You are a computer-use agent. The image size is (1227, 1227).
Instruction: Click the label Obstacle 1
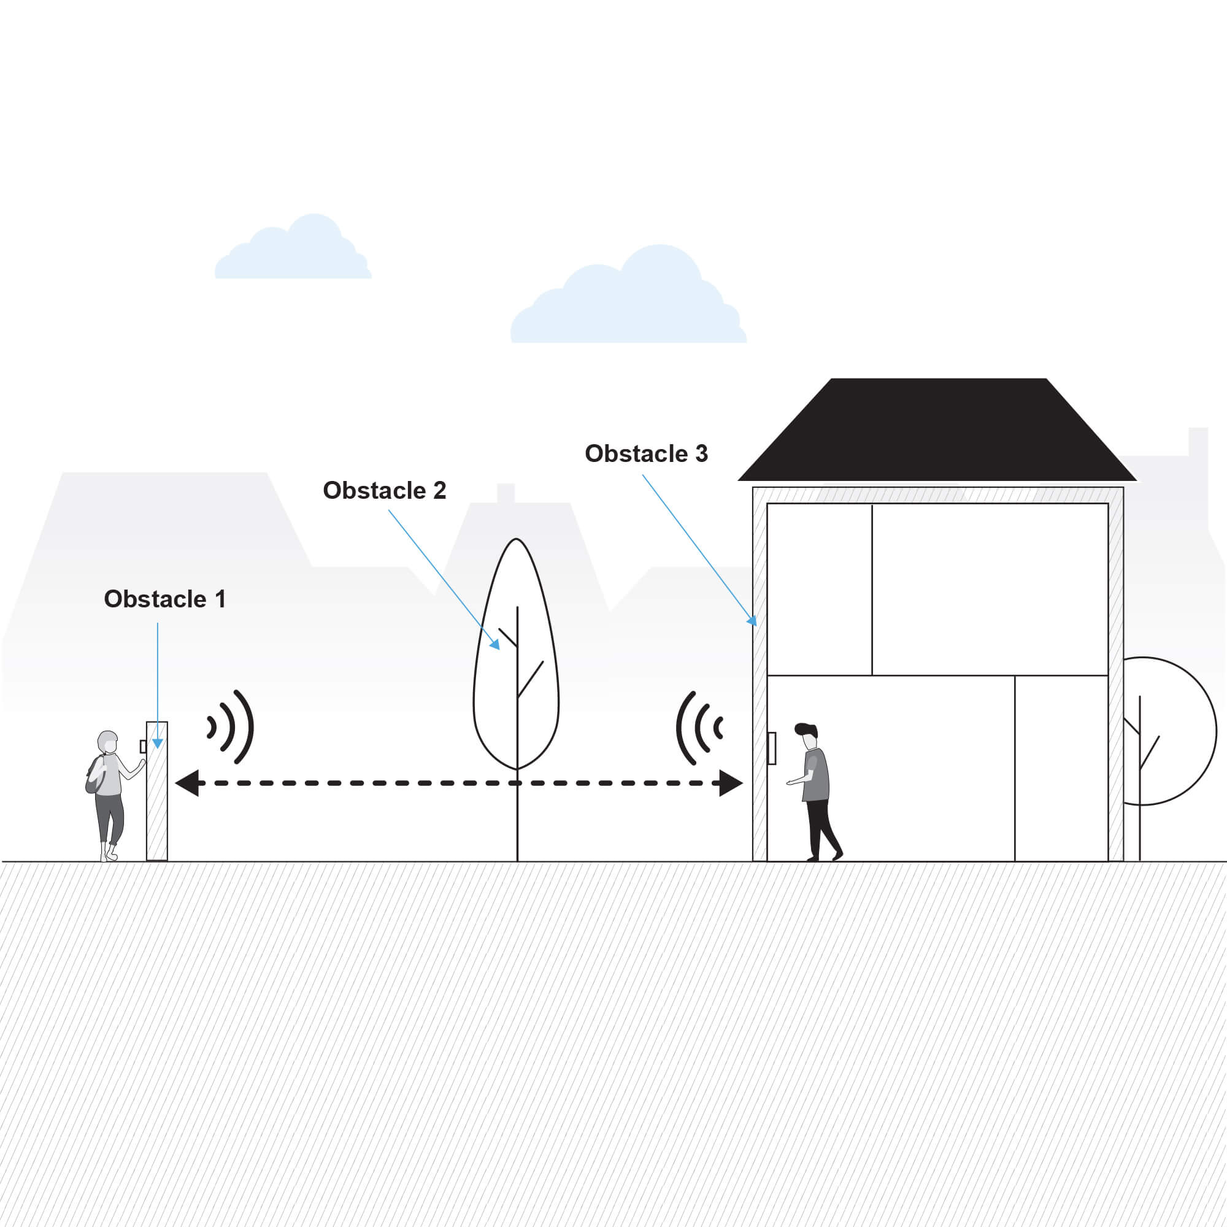click(x=165, y=599)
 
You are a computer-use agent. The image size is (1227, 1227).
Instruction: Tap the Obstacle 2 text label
click(x=384, y=490)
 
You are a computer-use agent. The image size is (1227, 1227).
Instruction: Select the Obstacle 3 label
click(x=646, y=453)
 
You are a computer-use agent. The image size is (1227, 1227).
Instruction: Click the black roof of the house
click(x=937, y=430)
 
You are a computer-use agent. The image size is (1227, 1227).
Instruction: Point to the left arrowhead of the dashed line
click(x=187, y=783)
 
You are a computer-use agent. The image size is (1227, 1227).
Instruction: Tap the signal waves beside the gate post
click(x=231, y=726)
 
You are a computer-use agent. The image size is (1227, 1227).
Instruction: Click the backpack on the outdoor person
click(x=95, y=775)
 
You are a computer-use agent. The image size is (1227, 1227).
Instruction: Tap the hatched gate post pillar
click(x=157, y=791)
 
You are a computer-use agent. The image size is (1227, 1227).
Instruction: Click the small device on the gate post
click(x=143, y=746)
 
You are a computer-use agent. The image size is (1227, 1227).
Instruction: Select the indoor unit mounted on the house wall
click(x=772, y=748)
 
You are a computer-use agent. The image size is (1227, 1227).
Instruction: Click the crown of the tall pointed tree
click(x=517, y=654)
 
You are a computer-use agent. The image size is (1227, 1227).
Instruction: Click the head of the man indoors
click(x=807, y=737)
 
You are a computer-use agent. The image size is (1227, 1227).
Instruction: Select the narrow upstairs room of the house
click(x=819, y=590)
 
